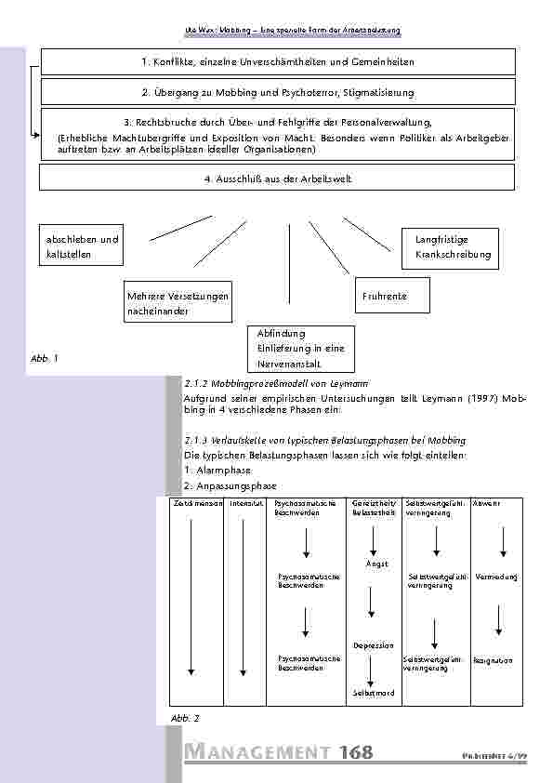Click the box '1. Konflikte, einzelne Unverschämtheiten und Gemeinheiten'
[277, 61]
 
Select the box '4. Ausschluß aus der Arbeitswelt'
[277, 178]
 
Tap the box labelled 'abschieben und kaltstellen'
[83, 247]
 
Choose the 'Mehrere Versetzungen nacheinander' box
[177, 303]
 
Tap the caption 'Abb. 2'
[185, 719]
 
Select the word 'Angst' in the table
[376, 564]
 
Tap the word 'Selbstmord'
[374, 693]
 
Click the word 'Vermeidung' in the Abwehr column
[495, 577]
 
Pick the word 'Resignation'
[493, 660]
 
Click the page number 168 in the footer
[356, 753]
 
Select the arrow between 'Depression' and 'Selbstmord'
[372, 670]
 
